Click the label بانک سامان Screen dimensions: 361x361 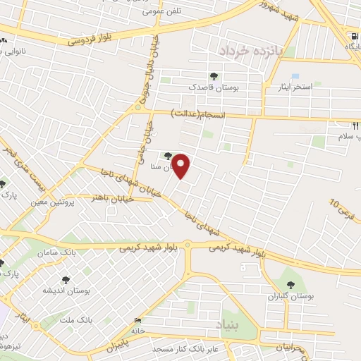[x=79, y=252]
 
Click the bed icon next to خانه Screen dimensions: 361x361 [x=137, y=322]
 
